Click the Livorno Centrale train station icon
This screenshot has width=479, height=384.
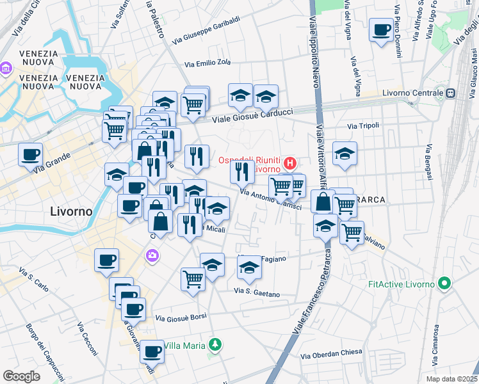450,93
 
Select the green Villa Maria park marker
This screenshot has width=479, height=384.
216,346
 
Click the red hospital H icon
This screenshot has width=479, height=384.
290,164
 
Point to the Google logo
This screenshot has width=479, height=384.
21,376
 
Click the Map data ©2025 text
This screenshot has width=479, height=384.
452,379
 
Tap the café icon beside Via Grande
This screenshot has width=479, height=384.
31,154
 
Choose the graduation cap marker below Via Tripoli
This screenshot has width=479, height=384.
345,154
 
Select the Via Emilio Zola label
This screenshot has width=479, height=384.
207,63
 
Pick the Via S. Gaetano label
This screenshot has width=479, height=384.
257,292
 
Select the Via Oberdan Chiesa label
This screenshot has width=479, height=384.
331,353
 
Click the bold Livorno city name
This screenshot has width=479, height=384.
71,211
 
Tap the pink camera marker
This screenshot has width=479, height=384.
152,256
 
